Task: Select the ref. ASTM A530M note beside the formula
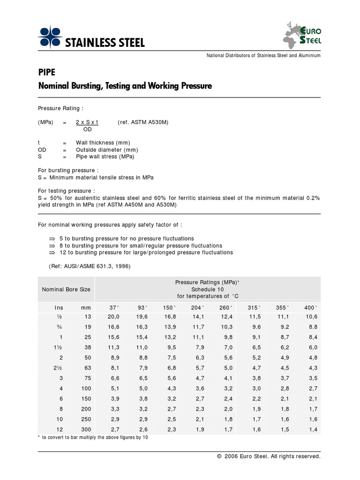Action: click(143, 122)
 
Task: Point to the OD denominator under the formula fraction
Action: click(87, 129)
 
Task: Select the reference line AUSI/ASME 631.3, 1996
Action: click(90, 266)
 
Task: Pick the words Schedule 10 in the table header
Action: click(207, 289)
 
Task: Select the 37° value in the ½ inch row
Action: click(114, 317)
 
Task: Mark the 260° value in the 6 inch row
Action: click(226, 398)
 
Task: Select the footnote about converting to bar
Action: click(93, 437)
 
